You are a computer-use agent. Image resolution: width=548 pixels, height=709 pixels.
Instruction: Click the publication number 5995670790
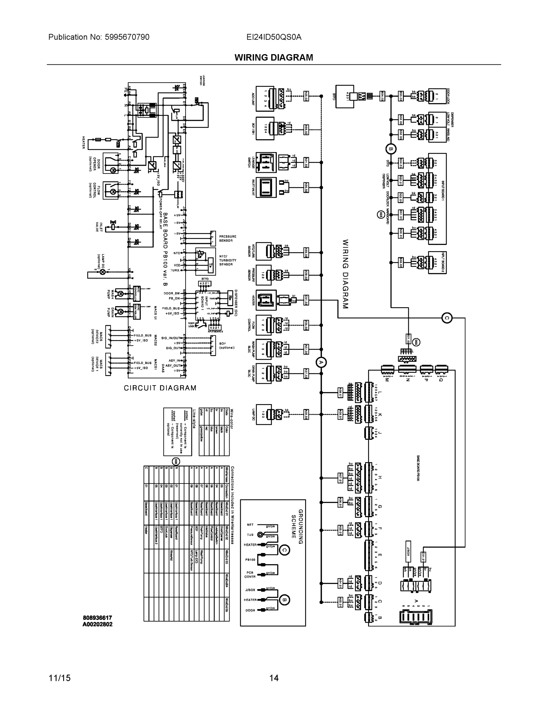pyautogui.click(x=127, y=37)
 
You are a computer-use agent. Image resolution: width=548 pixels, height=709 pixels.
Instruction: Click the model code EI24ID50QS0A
pyautogui.click(x=274, y=37)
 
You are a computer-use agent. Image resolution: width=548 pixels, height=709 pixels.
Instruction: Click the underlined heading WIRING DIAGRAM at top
pyautogui.click(x=274, y=58)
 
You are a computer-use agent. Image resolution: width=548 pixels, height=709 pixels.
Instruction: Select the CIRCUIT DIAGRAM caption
pyautogui.click(x=160, y=388)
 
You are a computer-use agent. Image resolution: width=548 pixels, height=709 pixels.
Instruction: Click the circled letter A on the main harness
pyautogui.click(x=321, y=362)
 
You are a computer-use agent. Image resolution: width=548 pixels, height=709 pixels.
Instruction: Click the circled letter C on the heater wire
pyautogui.click(x=447, y=318)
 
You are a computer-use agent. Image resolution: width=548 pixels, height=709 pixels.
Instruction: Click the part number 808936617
pyautogui.click(x=97, y=617)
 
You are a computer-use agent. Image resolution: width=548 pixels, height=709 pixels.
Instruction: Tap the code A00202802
pyautogui.click(x=97, y=624)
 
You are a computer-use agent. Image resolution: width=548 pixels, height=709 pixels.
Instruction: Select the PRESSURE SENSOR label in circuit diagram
pyautogui.click(x=227, y=239)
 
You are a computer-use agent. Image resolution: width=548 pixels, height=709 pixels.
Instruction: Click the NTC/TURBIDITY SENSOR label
pyautogui.click(x=227, y=260)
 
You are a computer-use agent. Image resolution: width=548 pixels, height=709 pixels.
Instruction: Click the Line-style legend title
pyautogui.click(x=194, y=419)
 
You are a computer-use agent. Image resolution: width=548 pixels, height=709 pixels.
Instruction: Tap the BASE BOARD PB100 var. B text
pyautogui.click(x=165, y=249)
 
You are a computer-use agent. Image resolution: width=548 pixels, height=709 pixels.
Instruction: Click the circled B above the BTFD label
pyautogui.click(x=391, y=149)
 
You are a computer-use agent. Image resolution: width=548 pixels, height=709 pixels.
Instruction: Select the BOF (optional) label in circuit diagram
pyautogui.click(x=227, y=345)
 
